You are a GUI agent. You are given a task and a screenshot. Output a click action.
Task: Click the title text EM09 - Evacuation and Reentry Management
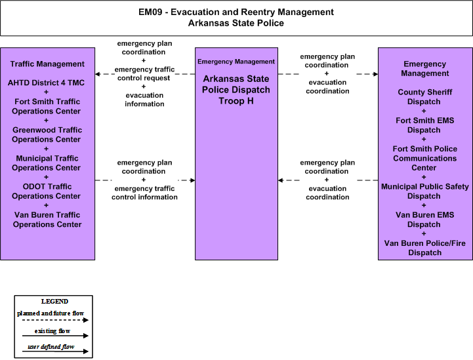coord(236,12)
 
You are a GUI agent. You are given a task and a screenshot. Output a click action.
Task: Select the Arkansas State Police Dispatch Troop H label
coord(236,90)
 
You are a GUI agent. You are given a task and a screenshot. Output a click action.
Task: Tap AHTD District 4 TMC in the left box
coord(46,83)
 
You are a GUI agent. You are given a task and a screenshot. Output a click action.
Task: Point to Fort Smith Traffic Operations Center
coord(47,106)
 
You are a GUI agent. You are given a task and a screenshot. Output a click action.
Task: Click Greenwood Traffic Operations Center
coord(47,135)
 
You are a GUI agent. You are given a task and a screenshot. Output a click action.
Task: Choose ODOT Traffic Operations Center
coord(47,191)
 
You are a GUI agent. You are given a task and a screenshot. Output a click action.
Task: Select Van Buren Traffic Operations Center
coord(47,220)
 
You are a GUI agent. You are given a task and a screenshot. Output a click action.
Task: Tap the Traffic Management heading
coord(47,64)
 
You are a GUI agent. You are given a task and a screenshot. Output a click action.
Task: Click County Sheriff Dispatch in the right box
coord(424,97)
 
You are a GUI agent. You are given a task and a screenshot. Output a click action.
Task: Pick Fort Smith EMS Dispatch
coord(424,125)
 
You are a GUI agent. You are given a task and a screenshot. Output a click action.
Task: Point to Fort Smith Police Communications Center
coord(424,158)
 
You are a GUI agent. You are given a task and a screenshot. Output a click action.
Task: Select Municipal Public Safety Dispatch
coord(424,191)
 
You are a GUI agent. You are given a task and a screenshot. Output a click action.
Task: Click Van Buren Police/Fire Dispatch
coord(424,248)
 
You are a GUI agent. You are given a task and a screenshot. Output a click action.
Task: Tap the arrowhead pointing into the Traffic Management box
coord(98,74)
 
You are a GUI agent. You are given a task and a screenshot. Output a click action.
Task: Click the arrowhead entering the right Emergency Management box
coord(375,74)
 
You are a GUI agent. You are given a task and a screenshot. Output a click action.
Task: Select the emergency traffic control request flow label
coord(144,73)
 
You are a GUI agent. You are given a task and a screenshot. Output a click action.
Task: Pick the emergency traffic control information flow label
coord(144,193)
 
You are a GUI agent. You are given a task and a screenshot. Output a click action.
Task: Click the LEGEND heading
coord(54,301)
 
